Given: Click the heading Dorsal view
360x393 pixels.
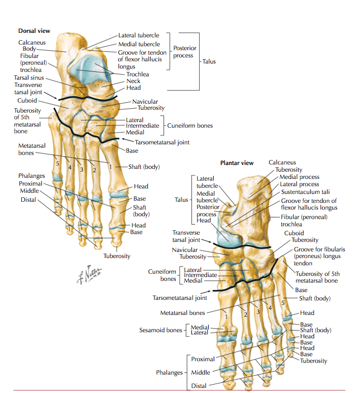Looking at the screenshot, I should pos(34,31).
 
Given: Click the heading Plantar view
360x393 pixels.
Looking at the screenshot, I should pos(237,163).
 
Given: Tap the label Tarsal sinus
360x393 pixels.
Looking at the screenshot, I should pos(29,77).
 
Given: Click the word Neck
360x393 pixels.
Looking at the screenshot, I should pos(133,81).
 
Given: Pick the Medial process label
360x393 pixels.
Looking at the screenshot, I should pos(299,177).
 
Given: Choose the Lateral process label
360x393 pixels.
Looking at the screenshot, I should pos(299,184).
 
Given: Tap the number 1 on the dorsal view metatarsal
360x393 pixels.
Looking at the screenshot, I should pos(111,166).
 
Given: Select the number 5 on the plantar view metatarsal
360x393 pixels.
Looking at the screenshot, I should pos(282,302).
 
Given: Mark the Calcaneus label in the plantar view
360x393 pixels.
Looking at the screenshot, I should pos(282,162).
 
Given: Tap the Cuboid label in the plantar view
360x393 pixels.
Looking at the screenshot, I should pos(294,233).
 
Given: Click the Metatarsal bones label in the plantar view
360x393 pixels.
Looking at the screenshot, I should pos(181,313).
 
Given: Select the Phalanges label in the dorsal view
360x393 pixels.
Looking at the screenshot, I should pos(31,176).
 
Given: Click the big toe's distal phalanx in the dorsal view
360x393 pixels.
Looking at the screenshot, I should pos(118,237).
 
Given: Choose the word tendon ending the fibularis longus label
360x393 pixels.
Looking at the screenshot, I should pos(303,264).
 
